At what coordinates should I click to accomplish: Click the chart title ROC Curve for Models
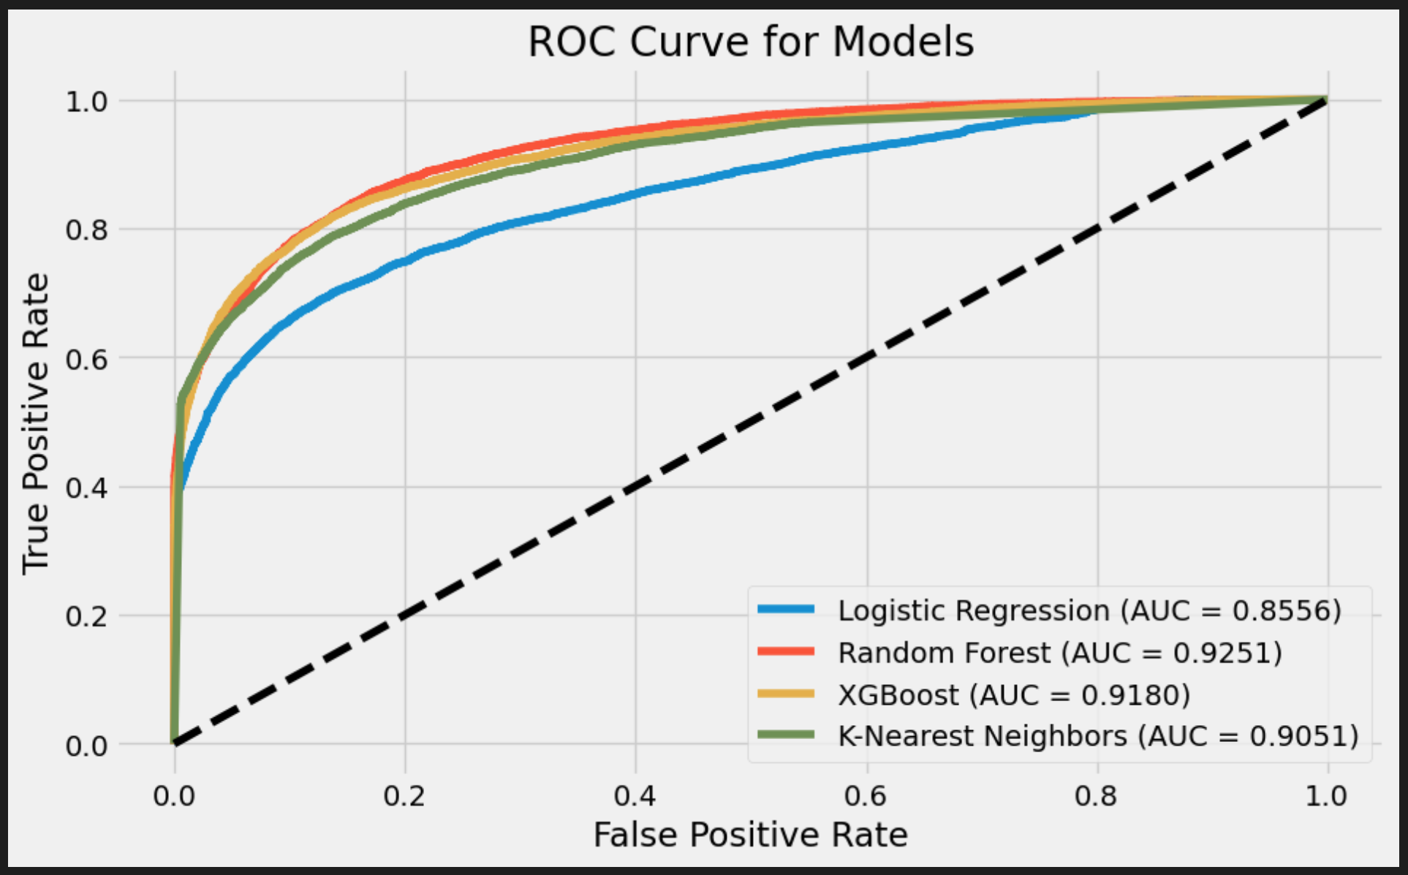click(x=750, y=42)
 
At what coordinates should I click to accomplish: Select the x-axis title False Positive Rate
click(x=750, y=835)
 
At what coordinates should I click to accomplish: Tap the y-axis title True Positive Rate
click(x=35, y=424)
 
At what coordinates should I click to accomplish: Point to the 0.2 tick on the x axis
click(x=404, y=795)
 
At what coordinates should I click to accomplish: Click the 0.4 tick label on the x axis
click(x=635, y=795)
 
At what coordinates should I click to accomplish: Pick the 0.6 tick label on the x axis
click(x=866, y=795)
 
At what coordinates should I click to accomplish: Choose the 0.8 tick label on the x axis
click(x=1097, y=795)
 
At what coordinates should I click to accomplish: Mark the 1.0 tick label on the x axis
click(x=1327, y=795)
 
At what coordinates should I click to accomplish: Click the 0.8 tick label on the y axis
click(x=86, y=230)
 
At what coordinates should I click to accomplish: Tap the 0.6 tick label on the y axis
click(x=86, y=359)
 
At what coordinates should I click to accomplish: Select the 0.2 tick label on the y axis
click(x=86, y=616)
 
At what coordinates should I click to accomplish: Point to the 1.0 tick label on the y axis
click(x=86, y=102)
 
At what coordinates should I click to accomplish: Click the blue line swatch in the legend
click(x=786, y=609)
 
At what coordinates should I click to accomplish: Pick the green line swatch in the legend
click(x=786, y=735)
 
